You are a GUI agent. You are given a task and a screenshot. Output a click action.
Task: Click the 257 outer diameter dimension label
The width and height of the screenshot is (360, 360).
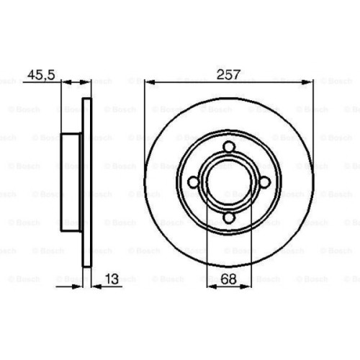point(228,73)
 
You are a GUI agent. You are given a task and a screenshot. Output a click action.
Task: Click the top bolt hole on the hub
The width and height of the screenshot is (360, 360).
point(228,148)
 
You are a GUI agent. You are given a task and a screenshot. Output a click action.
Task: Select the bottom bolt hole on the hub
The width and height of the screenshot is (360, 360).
point(228,218)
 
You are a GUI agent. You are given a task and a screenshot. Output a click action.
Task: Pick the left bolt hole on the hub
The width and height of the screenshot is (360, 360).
point(194,184)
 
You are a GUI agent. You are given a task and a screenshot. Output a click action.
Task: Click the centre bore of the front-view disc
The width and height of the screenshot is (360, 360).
point(228,184)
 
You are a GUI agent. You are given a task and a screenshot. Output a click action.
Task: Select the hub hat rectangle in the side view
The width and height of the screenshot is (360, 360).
point(72,184)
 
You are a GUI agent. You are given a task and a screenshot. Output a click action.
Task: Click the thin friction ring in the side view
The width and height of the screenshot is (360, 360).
point(88,184)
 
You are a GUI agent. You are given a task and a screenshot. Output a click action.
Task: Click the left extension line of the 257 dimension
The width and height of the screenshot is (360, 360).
point(145,130)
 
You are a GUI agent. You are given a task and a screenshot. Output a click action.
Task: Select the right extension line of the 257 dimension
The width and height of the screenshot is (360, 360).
point(312,130)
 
